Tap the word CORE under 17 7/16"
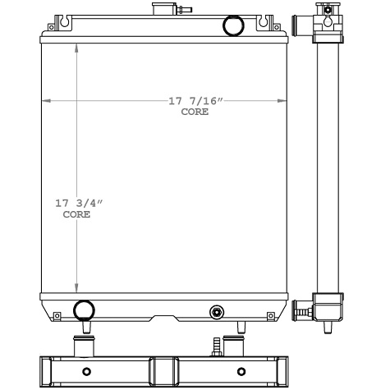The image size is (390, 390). [x=195, y=112]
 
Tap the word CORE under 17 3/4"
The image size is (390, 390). [x=76, y=214]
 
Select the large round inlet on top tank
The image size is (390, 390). [x=234, y=26]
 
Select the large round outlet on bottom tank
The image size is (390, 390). [x=84, y=310]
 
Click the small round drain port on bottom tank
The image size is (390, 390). [x=217, y=311]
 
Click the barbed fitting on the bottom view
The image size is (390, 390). [x=218, y=345]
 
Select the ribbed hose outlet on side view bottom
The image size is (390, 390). [x=303, y=311]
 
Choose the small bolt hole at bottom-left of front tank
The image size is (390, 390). [x=56, y=315]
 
